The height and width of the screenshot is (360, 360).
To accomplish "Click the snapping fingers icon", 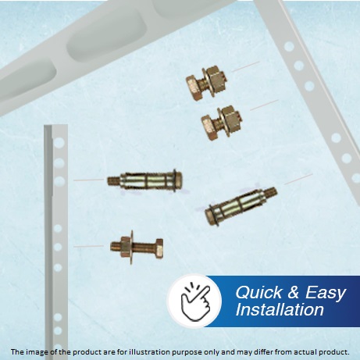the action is pyautogui.click(x=195, y=301).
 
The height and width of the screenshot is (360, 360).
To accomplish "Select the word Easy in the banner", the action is pyautogui.click(x=326, y=293).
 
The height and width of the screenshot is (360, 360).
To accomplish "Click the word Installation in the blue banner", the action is pyautogui.click(x=280, y=309).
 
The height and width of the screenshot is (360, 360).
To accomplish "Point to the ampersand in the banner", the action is pyautogui.click(x=294, y=292).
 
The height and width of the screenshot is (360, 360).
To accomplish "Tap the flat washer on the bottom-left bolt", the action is pyautogui.click(x=131, y=247).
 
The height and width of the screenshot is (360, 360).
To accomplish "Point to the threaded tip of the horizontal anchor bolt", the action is pyautogui.click(x=114, y=180).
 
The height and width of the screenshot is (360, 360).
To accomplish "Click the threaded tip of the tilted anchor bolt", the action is pyautogui.click(x=272, y=193).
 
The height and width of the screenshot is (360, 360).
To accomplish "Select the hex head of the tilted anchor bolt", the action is pyautogui.click(x=210, y=216).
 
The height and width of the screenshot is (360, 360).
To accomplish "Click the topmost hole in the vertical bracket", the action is pyautogui.click(x=59, y=143).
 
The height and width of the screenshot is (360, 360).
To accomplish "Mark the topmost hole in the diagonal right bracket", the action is pyautogui.click(x=289, y=47).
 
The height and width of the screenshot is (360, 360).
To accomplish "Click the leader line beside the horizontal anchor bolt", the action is pyautogui.click(x=89, y=180).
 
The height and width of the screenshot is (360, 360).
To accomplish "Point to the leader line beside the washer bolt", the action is pyautogui.click(x=89, y=246).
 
